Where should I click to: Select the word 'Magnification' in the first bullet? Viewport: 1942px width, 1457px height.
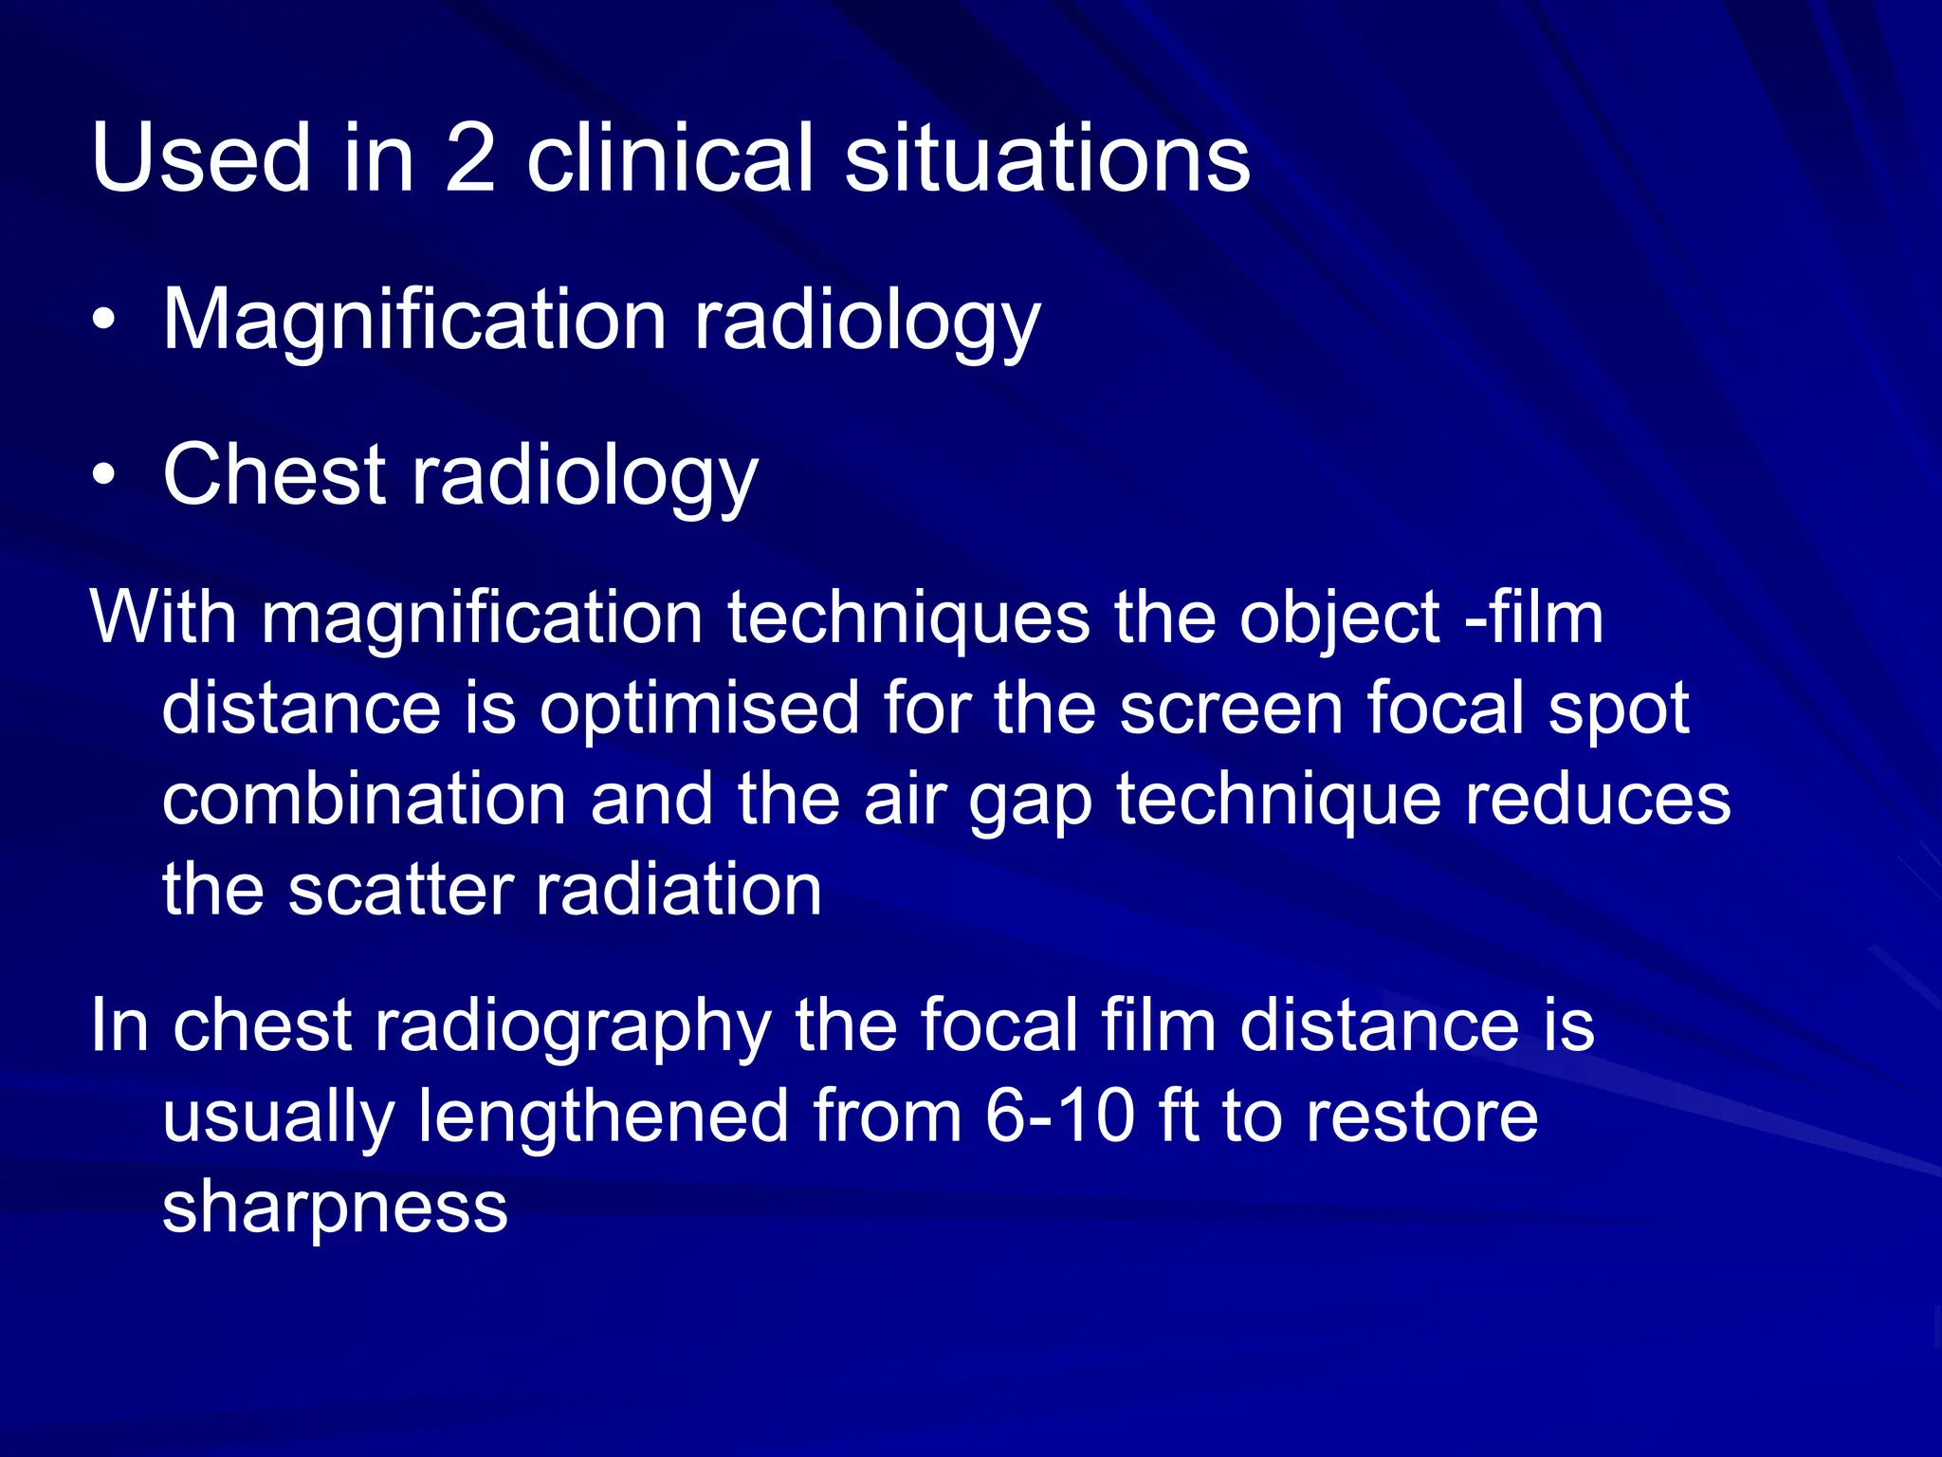click(x=414, y=321)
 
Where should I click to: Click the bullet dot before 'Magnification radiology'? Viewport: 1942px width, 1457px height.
click(x=104, y=319)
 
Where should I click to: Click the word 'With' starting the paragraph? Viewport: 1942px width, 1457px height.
click(x=162, y=618)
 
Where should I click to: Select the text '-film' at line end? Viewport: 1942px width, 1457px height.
click(x=1534, y=618)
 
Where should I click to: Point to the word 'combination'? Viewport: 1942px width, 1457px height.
click(x=363, y=800)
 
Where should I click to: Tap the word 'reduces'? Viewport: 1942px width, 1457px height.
click(x=1598, y=800)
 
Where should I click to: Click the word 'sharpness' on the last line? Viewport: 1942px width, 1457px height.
click(x=335, y=1208)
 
